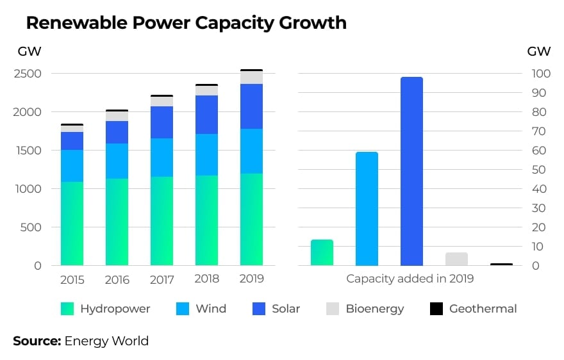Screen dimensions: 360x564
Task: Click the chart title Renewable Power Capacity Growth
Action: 186,23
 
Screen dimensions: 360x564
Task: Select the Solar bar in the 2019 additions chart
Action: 411,171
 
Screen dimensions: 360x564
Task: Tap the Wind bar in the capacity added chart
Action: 367,209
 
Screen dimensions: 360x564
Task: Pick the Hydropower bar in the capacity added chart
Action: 322,252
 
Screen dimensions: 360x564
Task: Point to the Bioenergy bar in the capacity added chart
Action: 456,259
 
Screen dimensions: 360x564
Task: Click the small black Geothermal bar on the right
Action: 501,264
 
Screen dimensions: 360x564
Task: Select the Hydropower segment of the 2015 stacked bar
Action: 72,224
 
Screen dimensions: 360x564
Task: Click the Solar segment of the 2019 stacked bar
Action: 251,106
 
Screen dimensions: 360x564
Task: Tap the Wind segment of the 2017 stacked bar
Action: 162,158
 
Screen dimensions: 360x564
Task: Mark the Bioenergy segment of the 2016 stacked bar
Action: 117,116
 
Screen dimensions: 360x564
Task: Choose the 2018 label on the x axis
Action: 206,279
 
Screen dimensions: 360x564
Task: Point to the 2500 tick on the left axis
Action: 28,74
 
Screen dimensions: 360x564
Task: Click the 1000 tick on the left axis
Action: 28,189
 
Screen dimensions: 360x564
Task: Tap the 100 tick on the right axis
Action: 542,74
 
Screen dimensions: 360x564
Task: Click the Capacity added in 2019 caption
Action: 410,279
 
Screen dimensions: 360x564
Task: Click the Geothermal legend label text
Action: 483,309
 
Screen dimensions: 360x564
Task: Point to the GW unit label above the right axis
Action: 538,51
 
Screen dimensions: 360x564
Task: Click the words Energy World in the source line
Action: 106,341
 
